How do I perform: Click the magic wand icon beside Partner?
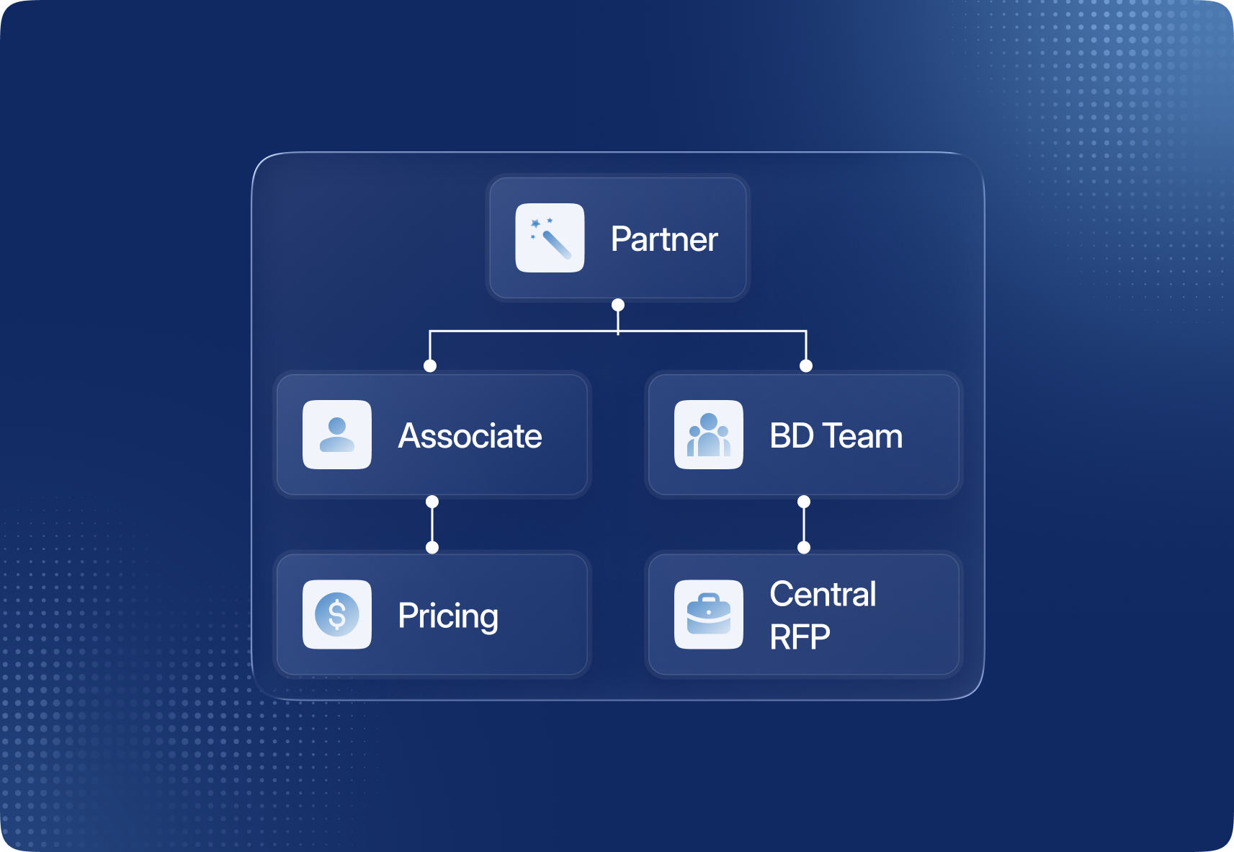pyautogui.click(x=550, y=238)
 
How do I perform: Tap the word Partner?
pyautogui.click(x=663, y=239)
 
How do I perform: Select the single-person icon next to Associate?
pyautogui.click(x=337, y=435)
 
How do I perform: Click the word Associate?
pyautogui.click(x=470, y=436)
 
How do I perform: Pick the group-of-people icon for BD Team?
pyautogui.click(x=709, y=435)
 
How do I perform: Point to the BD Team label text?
pyautogui.click(x=836, y=436)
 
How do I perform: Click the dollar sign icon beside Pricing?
pyautogui.click(x=337, y=614)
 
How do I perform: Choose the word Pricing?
pyautogui.click(x=447, y=616)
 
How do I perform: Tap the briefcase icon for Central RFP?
pyautogui.click(x=709, y=614)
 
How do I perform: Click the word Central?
pyautogui.click(x=823, y=595)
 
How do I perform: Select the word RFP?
pyautogui.click(x=800, y=637)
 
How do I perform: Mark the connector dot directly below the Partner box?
pyautogui.click(x=618, y=305)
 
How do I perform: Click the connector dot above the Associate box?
pyautogui.click(x=430, y=365)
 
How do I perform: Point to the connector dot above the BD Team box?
pyautogui.click(x=806, y=365)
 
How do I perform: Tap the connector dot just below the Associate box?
pyautogui.click(x=432, y=502)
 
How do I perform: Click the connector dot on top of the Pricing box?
pyautogui.click(x=432, y=548)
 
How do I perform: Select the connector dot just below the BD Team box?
pyautogui.click(x=804, y=502)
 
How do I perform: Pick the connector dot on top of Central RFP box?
pyautogui.click(x=804, y=548)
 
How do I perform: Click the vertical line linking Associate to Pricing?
pyautogui.click(x=432, y=525)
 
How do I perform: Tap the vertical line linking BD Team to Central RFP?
pyautogui.click(x=804, y=525)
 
